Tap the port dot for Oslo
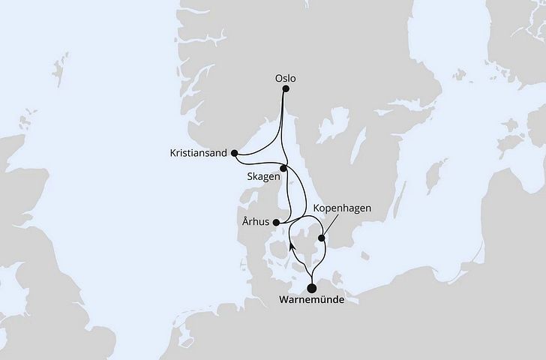(285, 88)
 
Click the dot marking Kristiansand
(235, 153)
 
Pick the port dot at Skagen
(283, 169)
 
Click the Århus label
(257, 222)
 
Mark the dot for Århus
(277, 222)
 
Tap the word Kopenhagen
(344, 208)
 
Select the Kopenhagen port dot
(322, 239)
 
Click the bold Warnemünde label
(310, 302)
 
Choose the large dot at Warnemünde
(311, 286)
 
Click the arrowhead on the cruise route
(291, 247)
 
